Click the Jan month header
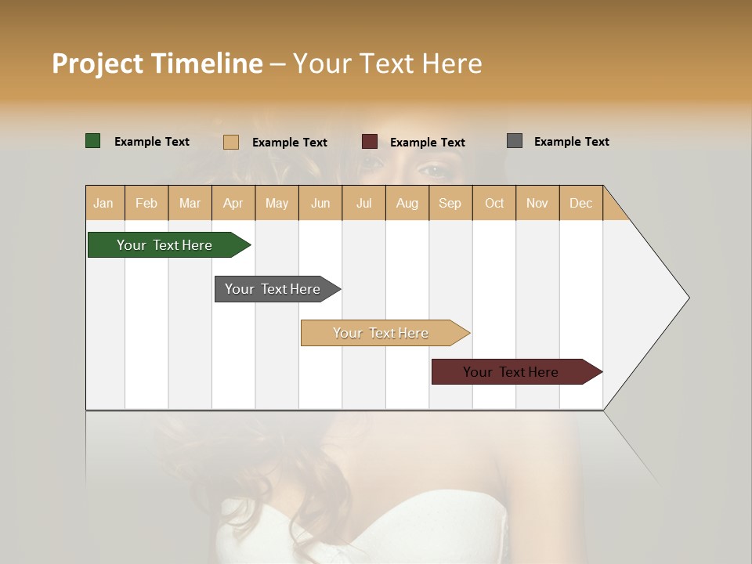click(103, 203)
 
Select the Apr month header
click(233, 203)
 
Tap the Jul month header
click(363, 203)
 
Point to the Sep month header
click(450, 203)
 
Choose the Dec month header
click(580, 203)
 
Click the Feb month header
click(146, 203)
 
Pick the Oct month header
click(494, 203)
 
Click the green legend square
click(93, 141)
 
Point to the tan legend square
click(231, 142)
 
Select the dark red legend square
click(370, 142)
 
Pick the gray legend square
click(515, 141)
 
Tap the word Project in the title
click(97, 63)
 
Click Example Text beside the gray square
click(571, 142)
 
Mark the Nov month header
click(537, 203)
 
